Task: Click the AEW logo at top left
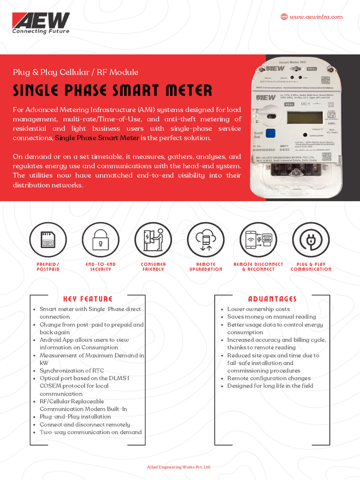[41, 23]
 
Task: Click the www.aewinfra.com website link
[316, 17]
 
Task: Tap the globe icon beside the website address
[284, 17]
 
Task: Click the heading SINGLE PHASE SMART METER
[112, 90]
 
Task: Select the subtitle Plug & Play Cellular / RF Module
[75, 72]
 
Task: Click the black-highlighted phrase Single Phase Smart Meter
[97, 138]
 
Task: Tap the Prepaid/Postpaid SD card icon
[48, 240]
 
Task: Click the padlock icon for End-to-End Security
[100, 240]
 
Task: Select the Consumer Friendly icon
[153, 240]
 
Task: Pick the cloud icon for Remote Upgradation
[206, 240]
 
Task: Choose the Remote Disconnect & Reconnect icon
[258, 240]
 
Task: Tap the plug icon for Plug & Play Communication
[311, 240]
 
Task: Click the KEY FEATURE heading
[88, 299]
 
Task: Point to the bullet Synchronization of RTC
[72, 370]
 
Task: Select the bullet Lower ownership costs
[258, 309]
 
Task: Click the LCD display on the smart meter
[303, 118]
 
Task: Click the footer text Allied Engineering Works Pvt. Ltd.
[180, 467]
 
